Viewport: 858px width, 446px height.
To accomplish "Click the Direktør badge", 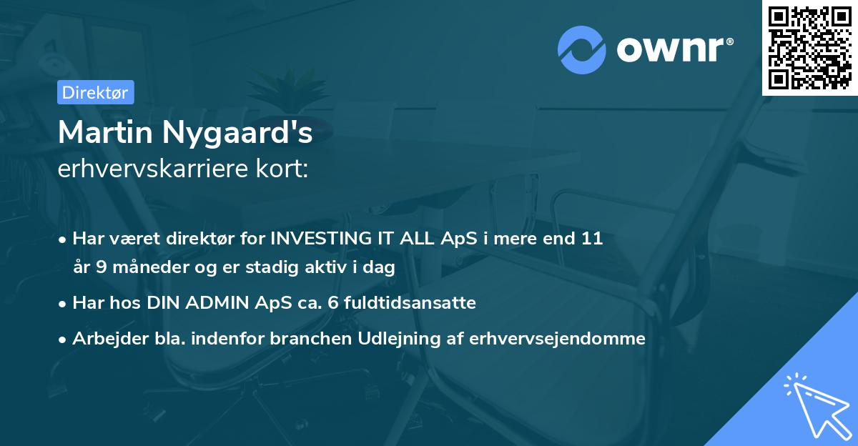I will coord(95,92).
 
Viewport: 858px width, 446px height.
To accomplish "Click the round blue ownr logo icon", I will coord(582,50).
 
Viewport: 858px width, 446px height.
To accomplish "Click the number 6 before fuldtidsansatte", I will coord(333,303).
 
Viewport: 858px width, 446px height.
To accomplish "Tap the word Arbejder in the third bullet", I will coord(104,339).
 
